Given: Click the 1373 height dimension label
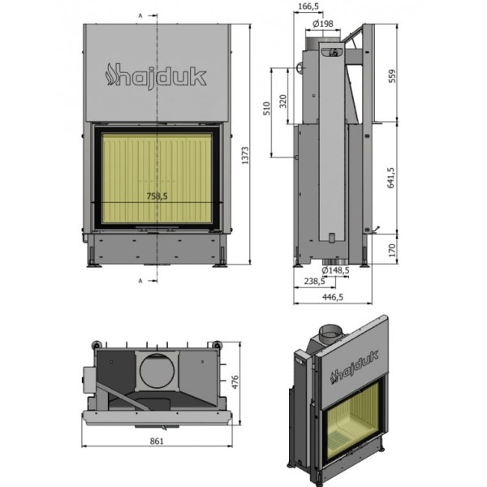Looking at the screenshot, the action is click(x=245, y=155).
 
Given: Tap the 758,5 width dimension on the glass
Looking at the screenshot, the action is click(x=157, y=196).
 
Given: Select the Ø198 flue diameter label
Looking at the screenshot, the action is click(x=323, y=24).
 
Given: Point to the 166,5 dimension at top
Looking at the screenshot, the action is click(x=308, y=6).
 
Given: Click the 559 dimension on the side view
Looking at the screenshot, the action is click(x=392, y=76).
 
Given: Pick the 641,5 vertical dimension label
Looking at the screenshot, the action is click(x=390, y=178).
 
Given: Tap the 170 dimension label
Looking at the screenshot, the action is click(x=392, y=250).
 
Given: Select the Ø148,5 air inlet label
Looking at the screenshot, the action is click(x=335, y=270).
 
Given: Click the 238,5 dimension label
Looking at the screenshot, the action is click(x=315, y=281).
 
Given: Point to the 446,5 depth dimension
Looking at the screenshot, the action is click(x=333, y=297).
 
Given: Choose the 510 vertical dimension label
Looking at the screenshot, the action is click(x=267, y=109).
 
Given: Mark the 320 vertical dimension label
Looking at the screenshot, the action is click(x=282, y=101).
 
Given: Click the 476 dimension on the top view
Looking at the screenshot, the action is click(x=235, y=382).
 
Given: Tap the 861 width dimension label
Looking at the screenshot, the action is click(x=157, y=441).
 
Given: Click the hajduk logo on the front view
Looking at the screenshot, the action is click(x=157, y=75).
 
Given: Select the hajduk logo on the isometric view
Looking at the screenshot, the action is click(x=355, y=368).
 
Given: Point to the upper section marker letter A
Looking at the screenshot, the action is click(x=140, y=15).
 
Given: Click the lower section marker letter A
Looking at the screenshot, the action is click(x=140, y=281).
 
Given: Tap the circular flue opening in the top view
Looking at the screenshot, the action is click(x=157, y=371).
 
